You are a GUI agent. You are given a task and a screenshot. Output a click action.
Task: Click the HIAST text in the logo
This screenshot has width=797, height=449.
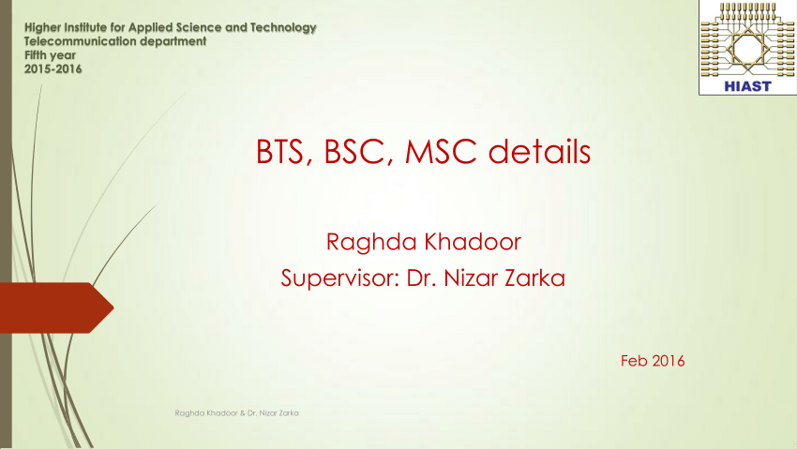click(747, 86)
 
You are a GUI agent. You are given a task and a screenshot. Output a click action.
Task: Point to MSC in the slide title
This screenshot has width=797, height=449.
click(441, 151)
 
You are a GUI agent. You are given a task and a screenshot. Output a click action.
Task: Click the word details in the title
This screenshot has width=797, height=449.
click(539, 151)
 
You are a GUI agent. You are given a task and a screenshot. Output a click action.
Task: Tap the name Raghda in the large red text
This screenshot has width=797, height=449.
click(372, 243)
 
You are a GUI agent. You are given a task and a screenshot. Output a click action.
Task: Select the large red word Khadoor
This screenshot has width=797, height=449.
click(473, 242)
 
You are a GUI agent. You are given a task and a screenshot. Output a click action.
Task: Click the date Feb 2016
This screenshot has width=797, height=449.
click(653, 361)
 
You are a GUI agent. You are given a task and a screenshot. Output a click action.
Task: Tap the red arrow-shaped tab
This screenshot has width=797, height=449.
click(56, 307)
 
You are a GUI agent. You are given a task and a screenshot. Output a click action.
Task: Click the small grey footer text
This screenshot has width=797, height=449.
click(237, 413)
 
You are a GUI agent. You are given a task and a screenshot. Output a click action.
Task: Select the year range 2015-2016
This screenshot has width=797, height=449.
click(53, 69)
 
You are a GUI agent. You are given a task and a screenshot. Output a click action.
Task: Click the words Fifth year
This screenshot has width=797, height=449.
click(50, 55)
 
